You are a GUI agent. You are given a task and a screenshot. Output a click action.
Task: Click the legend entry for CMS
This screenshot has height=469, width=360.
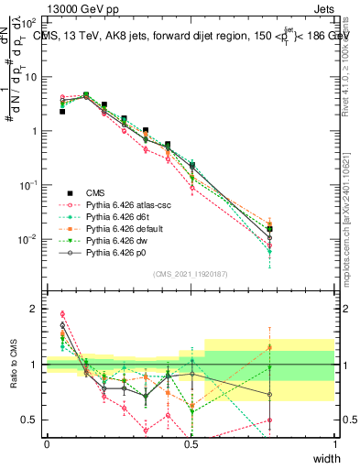[97, 192]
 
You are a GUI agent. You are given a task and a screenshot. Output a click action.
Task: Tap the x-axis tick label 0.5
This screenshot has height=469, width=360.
[191, 444]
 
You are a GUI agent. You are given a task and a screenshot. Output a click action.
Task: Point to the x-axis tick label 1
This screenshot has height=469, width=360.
[335, 444]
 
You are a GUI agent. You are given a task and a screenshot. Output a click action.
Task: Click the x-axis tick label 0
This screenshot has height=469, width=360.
[47, 444]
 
